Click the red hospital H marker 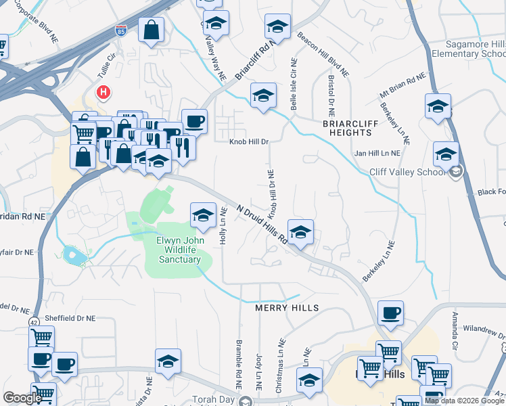coord(103,92)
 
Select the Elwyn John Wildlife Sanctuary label coord(179,249)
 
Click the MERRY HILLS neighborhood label coord(286,308)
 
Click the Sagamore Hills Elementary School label coord(467,48)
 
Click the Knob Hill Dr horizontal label coord(249,142)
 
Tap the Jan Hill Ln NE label coord(377,154)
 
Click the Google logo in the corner coord(22,398)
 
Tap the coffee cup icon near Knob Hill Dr coord(194,122)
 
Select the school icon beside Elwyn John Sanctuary coord(202,215)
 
